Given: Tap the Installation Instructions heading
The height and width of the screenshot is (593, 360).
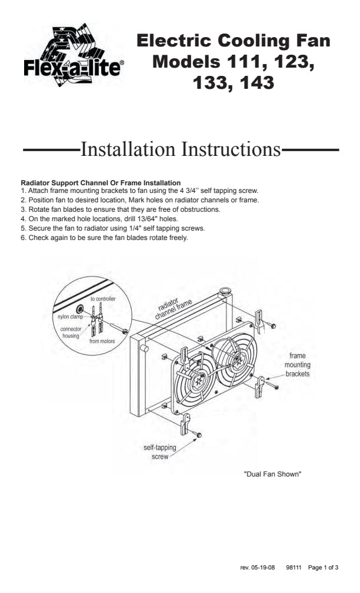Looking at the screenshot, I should (181, 149).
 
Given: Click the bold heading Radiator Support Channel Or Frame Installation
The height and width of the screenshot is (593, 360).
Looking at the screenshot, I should (101, 183).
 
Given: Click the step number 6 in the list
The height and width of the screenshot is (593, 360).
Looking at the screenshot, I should (23, 238).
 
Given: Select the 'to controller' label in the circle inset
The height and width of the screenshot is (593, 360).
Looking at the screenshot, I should (103, 299).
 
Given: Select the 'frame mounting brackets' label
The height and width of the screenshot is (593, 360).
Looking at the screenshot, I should (297, 365).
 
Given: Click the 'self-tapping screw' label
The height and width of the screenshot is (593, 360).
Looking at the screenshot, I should (160, 452).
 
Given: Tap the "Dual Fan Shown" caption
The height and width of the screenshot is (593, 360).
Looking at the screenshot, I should (272, 474).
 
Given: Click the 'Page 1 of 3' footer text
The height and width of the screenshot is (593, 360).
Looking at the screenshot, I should (323, 568).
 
